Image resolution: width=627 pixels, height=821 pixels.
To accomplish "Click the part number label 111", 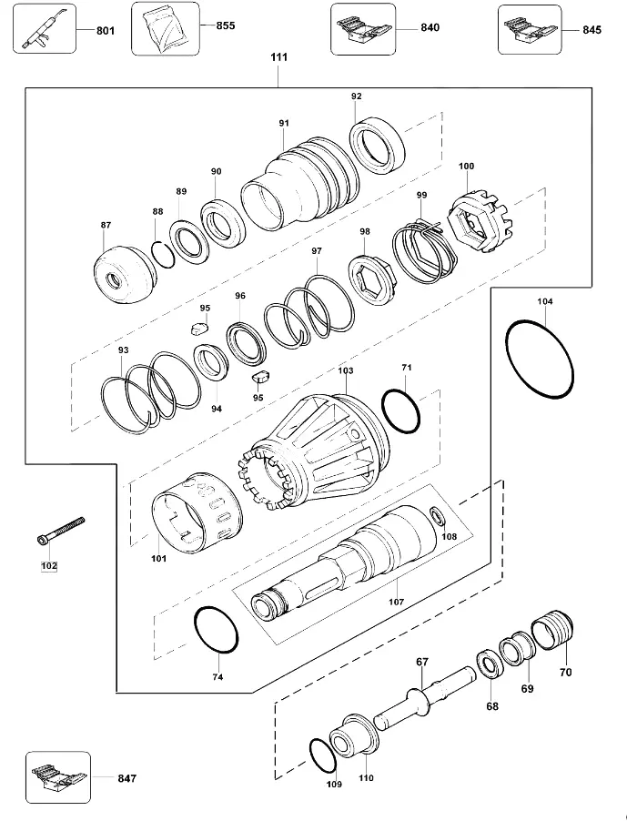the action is (x=279, y=57).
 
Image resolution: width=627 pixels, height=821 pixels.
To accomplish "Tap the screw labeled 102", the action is (x=61, y=530).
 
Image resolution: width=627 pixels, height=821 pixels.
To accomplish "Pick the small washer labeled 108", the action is (x=438, y=516).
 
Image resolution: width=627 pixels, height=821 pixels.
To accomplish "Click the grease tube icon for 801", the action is (x=44, y=29).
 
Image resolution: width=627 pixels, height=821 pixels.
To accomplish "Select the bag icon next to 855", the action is (x=166, y=29).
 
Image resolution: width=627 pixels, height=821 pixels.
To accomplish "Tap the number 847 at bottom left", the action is (x=127, y=778).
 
